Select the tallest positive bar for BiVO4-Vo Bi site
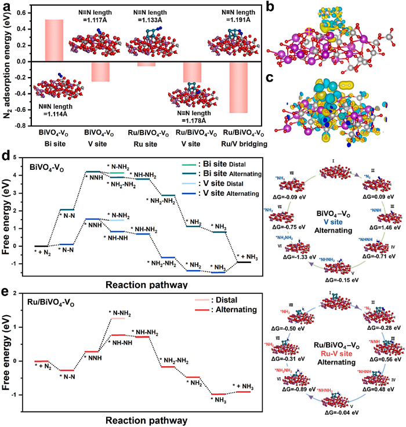pos(54,40)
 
